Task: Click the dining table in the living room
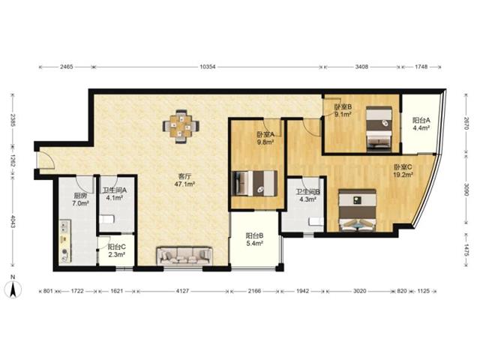181,126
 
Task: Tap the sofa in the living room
184,256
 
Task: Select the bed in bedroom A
255,183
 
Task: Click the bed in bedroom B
379,128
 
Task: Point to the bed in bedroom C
357,210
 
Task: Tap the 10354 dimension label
208,67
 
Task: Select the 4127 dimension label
182,291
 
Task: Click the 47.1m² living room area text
185,184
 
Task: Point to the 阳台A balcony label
421,120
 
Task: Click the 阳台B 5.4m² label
255,239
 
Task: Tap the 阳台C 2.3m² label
116,250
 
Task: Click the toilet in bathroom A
106,219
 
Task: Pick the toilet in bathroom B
316,221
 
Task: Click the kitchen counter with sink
65,241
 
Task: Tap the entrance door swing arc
49,160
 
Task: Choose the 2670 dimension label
466,124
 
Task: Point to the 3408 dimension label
361,67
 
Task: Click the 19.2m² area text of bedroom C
403,175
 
